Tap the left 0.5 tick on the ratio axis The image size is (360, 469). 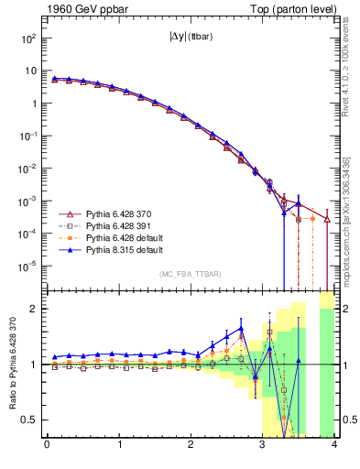pos(31,420)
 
